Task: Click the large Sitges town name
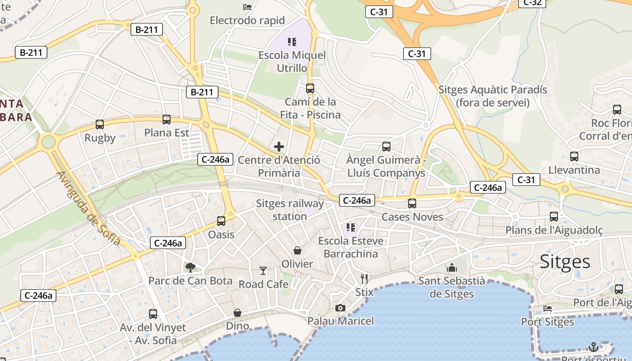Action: [x=565, y=261]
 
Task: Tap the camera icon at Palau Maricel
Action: [x=340, y=308]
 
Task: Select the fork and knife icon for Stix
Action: [x=364, y=278]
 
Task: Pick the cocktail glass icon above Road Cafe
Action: [x=263, y=271]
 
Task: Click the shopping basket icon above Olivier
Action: [x=297, y=250]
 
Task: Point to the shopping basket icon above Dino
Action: [x=237, y=312]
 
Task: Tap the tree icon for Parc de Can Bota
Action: [x=191, y=267]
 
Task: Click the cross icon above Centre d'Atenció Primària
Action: [x=279, y=146]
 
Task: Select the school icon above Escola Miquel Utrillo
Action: [x=292, y=42]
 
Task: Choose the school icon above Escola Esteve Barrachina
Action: [x=350, y=227]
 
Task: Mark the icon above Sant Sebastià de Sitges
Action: [x=452, y=268]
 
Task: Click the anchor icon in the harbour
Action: [x=594, y=347]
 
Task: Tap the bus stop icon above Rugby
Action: [x=100, y=125]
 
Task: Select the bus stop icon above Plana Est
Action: [x=167, y=120]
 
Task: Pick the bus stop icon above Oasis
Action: [x=221, y=221]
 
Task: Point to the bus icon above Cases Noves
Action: [x=412, y=204]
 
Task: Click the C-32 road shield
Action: [x=532, y=3]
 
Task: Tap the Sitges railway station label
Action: [x=290, y=210]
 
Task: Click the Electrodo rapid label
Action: [x=247, y=20]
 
